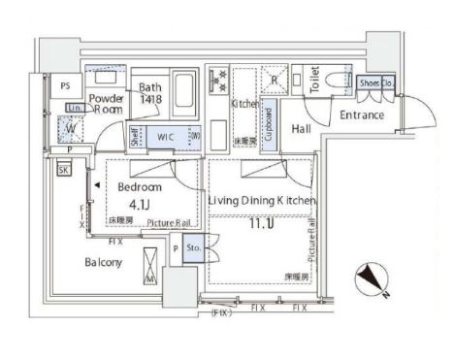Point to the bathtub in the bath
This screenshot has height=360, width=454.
184,95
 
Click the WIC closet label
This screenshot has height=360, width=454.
166,138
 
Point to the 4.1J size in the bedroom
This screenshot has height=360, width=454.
138,205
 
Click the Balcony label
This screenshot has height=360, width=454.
103,263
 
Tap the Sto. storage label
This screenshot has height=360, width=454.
192,247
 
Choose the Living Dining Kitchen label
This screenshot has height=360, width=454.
262,200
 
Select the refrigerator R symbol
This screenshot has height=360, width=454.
276,80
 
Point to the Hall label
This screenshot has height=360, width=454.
301,128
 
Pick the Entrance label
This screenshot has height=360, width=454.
361,115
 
